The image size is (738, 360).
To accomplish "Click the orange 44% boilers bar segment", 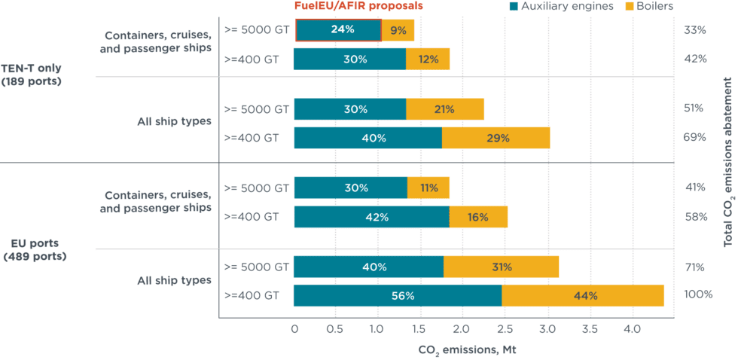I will [583, 296].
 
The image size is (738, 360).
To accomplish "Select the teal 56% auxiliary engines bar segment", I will [397, 296].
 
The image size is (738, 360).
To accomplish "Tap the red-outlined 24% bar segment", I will [337, 31].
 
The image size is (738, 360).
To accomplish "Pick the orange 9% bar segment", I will [398, 31].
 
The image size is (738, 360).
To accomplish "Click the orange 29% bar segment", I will [496, 138].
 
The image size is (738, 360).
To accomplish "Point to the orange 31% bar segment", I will [501, 267].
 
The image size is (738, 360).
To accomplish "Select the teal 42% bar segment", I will [371, 217].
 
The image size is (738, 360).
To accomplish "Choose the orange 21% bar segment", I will [444, 108].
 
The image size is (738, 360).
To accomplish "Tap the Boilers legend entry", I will [649, 6].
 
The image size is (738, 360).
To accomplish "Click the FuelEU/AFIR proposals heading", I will [358, 5].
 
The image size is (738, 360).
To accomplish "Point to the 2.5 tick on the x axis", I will [505, 329].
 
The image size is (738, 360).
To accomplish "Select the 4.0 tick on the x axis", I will [632, 329].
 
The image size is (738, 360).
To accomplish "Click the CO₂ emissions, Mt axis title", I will [468, 350].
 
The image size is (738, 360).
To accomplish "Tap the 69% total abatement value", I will [694, 137].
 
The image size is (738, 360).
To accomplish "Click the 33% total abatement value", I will [694, 31].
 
